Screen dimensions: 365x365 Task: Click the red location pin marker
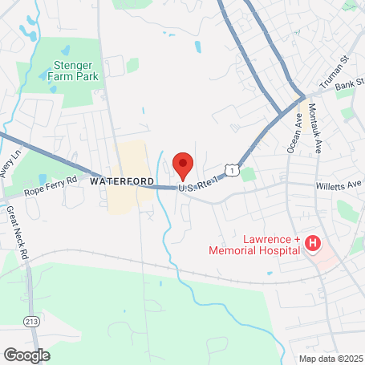(x=183, y=164)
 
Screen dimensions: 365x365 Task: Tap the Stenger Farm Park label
(x=75, y=71)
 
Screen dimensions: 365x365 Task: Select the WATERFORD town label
(x=122, y=181)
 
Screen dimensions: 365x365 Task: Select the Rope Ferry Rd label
(x=50, y=185)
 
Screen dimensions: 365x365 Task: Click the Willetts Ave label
(x=338, y=184)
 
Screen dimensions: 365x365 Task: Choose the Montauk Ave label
(x=315, y=132)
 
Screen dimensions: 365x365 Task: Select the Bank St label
(x=350, y=85)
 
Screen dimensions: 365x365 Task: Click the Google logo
(x=26, y=354)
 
